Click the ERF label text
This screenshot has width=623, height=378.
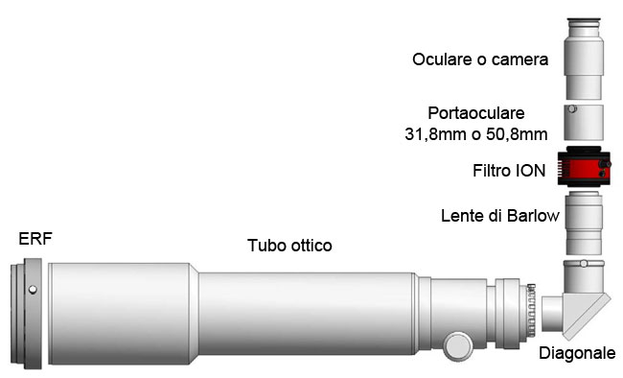click(x=35, y=239)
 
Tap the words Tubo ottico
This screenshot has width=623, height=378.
click(x=289, y=245)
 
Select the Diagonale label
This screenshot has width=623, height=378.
click(x=577, y=353)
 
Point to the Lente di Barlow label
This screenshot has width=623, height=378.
click(x=499, y=216)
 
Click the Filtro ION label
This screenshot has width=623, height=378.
click(x=509, y=171)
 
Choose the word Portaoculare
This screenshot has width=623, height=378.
click(x=476, y=113)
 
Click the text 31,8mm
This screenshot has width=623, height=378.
click(x=435, y=134)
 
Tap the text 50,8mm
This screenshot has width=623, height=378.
click(x=517, y=134)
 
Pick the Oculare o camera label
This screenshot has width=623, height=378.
click(x=480, y=59)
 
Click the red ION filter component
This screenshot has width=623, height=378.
click(x=584, y=166)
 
